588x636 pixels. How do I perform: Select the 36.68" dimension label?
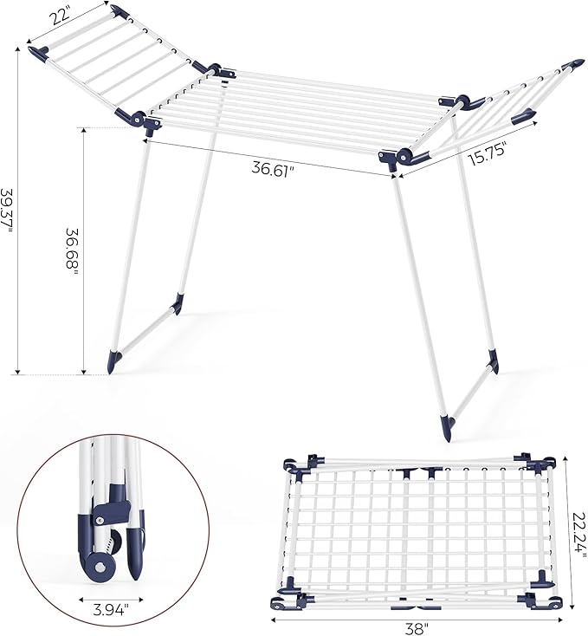tap(73, 252)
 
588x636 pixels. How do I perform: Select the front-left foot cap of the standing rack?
tap(113, 360)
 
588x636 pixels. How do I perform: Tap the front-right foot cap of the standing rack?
tap(447, 425)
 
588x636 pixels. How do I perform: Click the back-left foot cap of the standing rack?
tap(178, 302)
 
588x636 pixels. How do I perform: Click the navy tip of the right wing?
tap(573, 66)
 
